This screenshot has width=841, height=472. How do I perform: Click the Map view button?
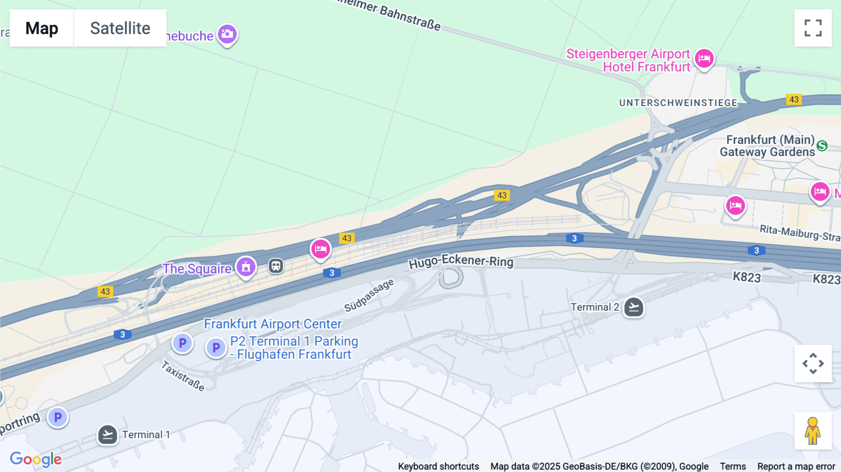point(42,28)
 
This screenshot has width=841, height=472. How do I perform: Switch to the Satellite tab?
point(120,28)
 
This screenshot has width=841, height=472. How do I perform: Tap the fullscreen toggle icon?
point(813,28)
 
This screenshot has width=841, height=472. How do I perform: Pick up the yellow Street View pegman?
point(813,431)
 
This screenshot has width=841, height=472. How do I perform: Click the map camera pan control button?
point(813,364)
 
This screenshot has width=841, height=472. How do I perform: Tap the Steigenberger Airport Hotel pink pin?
point(704,58)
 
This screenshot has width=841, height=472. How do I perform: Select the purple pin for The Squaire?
point(246,267)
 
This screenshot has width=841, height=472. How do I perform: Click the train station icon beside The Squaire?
point(276,266)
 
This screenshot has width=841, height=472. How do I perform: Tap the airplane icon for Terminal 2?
point(634,307)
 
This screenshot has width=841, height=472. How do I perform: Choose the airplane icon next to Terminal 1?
point(107,435)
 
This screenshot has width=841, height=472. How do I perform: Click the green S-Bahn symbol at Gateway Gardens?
point(822,146)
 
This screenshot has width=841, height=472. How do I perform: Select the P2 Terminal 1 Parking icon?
point(216,347)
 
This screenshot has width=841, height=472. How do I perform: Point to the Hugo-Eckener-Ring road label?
point(461,261)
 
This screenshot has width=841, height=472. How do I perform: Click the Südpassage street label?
point(369,295)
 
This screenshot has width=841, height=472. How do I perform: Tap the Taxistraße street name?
point(183,376)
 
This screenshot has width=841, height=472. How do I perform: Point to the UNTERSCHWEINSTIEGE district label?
point(678,103)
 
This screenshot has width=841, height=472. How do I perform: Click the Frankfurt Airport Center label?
point(273,324)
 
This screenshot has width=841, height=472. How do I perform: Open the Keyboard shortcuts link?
point(438,466)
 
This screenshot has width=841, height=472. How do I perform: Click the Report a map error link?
point(796,466)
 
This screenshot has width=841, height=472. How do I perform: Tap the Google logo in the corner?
point(36,459)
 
